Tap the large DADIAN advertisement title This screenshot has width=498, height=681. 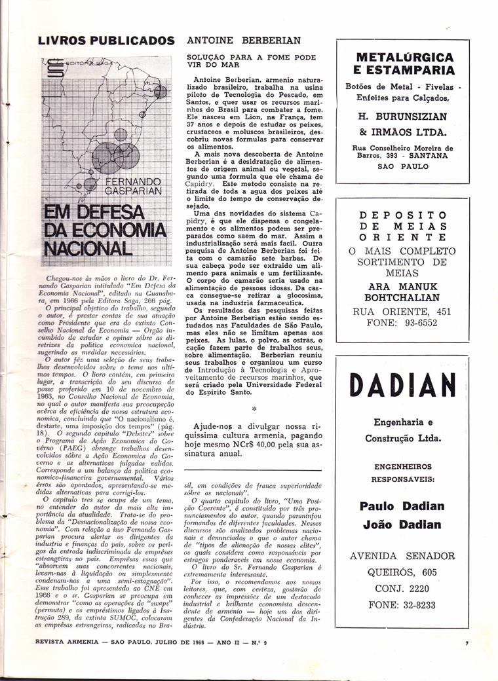pos(402,385)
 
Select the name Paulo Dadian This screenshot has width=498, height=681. pos(402,506)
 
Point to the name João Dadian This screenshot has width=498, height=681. pos(402,525)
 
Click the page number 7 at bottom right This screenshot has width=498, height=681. pos(467,644)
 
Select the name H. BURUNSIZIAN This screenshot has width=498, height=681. pos(402,117)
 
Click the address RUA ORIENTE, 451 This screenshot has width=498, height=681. pos(402,311)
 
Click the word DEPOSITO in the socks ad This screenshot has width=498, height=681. pos(403,215)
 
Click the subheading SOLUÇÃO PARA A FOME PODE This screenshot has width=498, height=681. pos(251,57)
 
